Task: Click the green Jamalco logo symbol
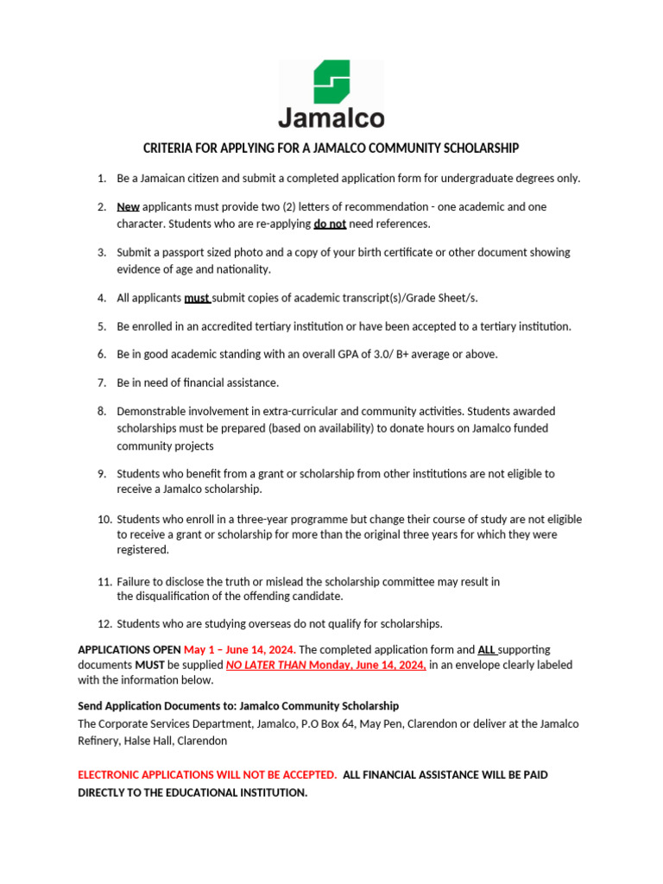click(331, 82)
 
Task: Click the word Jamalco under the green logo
click(331, 117)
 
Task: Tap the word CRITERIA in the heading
click(169, 148)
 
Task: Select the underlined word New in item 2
click(128, 207)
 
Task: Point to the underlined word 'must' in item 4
click(197, 298)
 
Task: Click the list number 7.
click(101, 382)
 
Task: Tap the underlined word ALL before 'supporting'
click(487, 649)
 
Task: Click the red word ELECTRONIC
click(116, 775)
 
